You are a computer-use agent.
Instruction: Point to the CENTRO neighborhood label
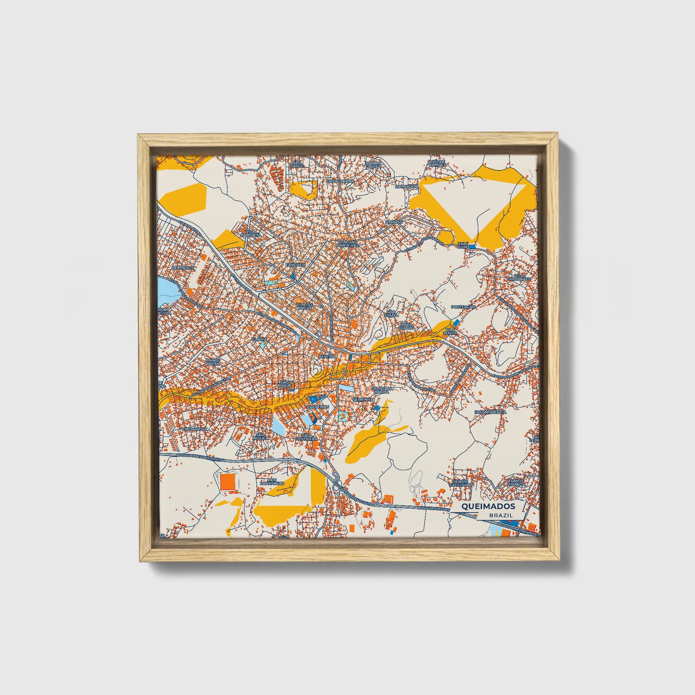(x=327, y=356)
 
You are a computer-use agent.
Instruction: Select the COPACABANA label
(x=340, y=181)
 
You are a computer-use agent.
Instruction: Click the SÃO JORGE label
(x=297, y=164)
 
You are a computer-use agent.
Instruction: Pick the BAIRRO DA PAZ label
(x=373, y=165)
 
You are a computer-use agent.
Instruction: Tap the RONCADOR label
(x=406, y=187)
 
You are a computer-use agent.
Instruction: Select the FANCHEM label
(x=295, y=264)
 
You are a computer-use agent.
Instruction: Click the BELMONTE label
(x=183, y=268)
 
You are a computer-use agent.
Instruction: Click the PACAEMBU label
(x=317, y=406)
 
